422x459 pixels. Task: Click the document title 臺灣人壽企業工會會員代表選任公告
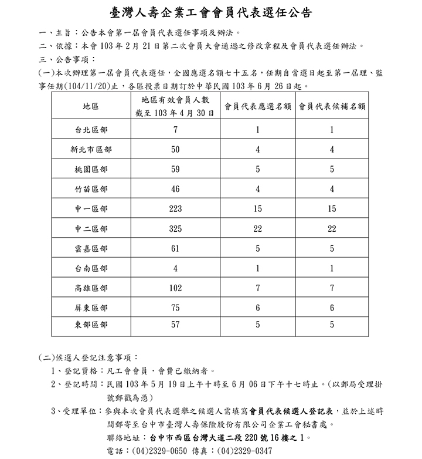[210, 12]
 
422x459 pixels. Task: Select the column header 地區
[91, 107]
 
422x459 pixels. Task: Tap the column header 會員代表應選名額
[258, 107]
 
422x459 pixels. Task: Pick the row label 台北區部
[91, 130]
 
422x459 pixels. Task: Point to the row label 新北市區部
[91, 150]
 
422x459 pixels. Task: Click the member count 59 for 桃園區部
[175, 169]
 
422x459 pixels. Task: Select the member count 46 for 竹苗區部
[175, 189]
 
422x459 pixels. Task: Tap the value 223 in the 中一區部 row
[175, 209]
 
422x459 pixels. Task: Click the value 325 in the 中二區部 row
[175, 228]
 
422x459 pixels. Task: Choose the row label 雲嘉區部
[91, 248]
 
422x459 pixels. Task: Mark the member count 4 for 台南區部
[175, 268]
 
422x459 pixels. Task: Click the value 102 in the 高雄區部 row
[175, 288]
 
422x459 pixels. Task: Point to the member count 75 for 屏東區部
[175, 308]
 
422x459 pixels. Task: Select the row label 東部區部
[91, 324]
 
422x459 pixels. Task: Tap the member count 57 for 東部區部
[175, 324]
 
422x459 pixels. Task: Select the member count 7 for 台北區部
[175, 130]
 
